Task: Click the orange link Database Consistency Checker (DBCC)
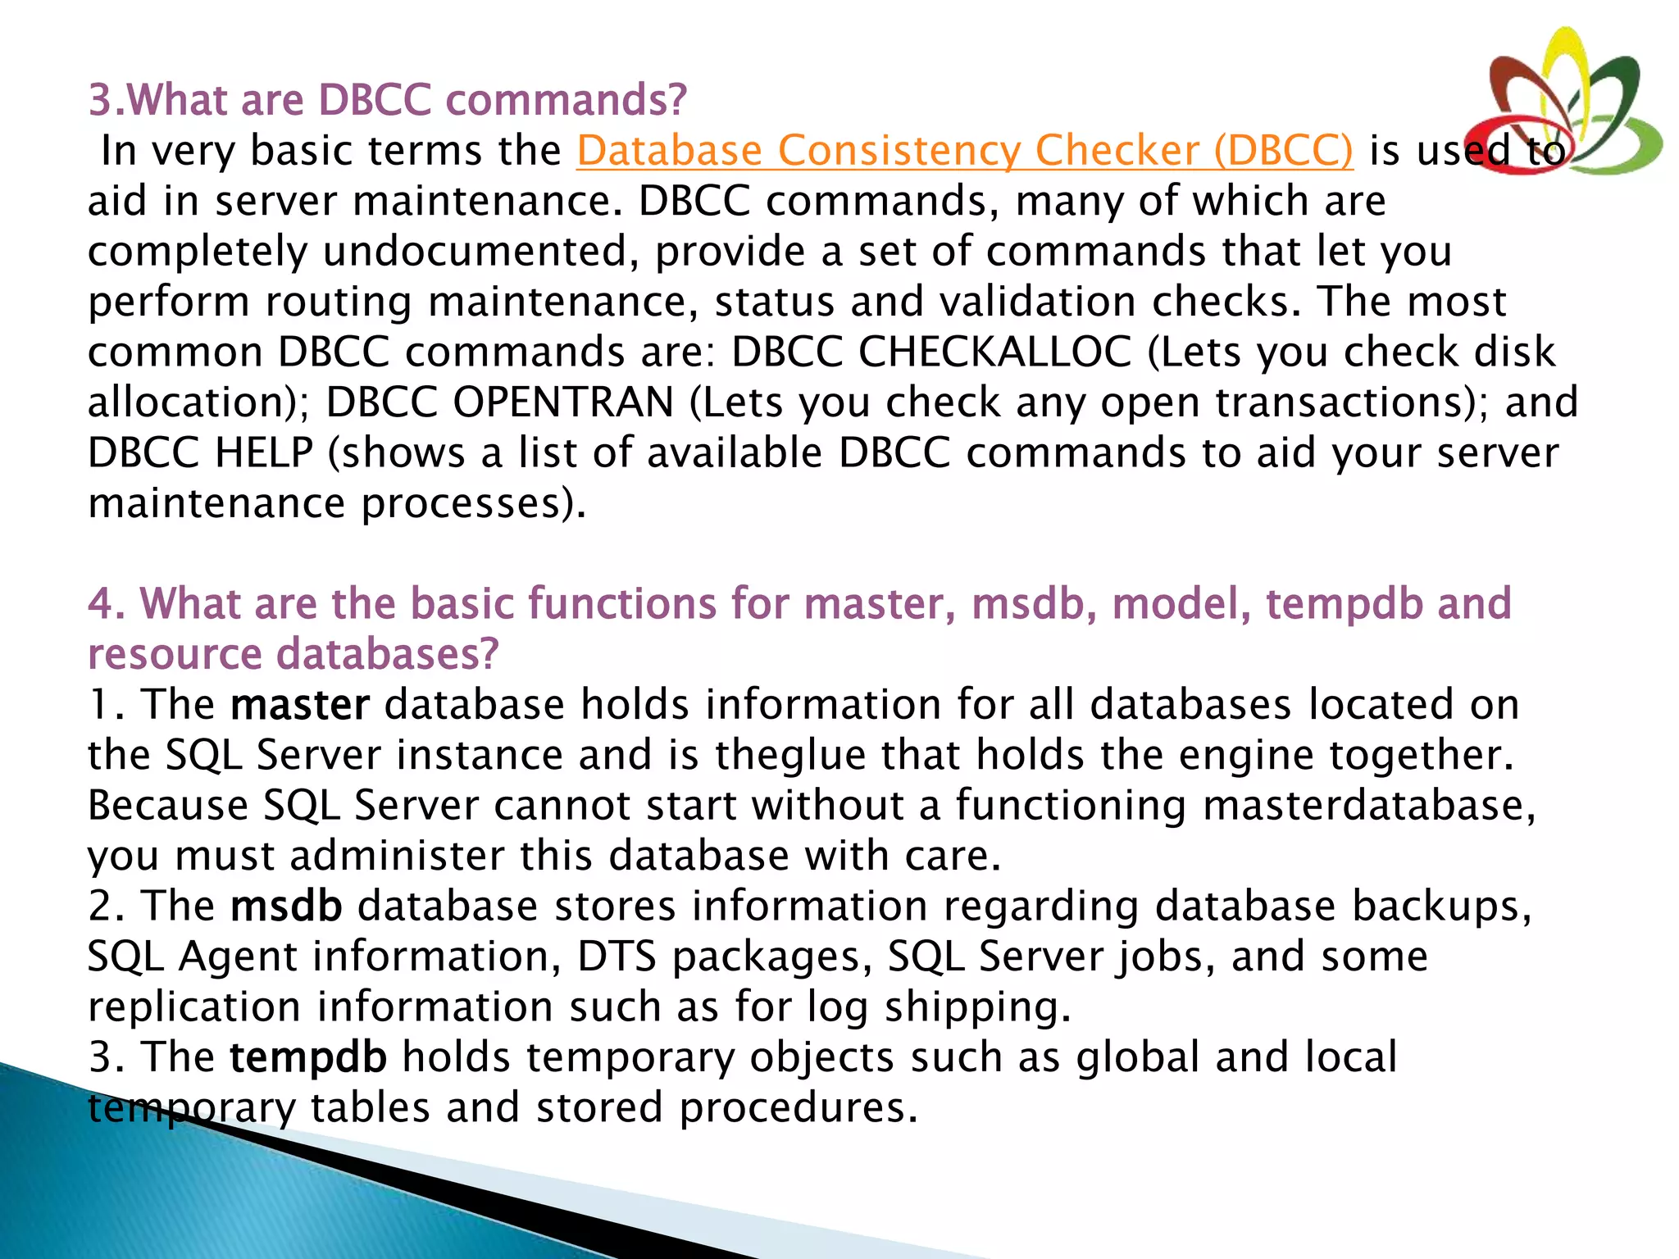[964, 151]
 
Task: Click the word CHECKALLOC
[994, 352]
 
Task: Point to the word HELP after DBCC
[263, 453]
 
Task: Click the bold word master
[300, 705]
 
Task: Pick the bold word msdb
[286, 907]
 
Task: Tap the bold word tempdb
[307, 1057]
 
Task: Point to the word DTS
[617, 957]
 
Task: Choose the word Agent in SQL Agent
[237, 957]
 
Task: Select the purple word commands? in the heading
[566, 100]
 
